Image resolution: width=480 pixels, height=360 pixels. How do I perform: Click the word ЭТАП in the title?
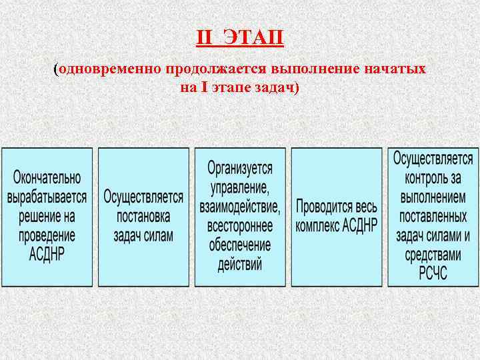point(253,38)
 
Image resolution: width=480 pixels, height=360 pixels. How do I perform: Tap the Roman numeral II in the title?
point(204,38)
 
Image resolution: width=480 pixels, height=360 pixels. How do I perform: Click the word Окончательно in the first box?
point(47,179)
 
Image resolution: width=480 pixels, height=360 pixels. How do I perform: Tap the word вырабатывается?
point(47,197)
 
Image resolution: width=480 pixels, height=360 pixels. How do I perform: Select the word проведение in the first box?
point(47,235)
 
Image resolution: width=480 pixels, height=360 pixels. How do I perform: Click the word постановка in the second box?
point(143,217)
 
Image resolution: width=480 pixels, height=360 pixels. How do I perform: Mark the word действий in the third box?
point(240,263)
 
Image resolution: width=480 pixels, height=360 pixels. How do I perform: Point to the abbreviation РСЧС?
point(433,273)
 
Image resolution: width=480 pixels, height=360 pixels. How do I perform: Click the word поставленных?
point(433,217)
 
